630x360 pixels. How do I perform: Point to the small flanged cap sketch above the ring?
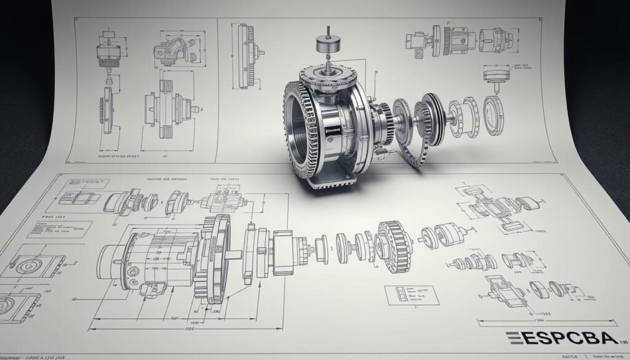click(493, 76)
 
